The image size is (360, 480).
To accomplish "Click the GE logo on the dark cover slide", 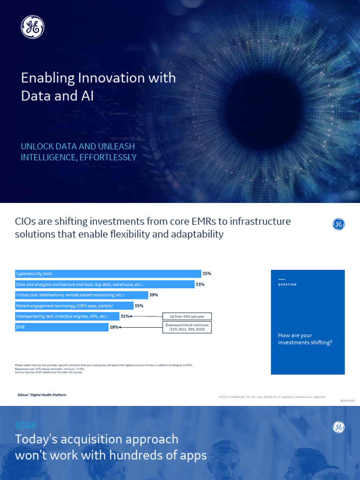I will pos(32,27).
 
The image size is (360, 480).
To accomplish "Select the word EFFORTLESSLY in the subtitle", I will pos(109,157).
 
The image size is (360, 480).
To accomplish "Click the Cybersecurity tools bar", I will pos(108,274).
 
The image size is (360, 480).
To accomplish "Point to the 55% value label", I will pos(207,273).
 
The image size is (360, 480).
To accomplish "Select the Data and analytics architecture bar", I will pos(105,285).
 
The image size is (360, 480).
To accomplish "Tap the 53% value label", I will pos(200,285).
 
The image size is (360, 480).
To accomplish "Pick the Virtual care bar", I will pos(82,295).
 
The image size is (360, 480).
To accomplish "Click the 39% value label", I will pos(154,295).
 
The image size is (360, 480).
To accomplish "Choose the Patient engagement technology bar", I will pos(74,306).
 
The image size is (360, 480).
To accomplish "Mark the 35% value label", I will pos(139,306).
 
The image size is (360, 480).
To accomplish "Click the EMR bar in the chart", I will pos(62,327).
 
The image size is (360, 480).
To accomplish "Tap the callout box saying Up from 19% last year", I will pos(187,317).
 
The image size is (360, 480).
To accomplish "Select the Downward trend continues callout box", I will pos(187,327).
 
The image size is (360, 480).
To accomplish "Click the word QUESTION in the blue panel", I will pos(287,285).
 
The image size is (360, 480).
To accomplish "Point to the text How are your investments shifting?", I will pos(305,339).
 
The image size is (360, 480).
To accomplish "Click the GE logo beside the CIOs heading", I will pos(338,225).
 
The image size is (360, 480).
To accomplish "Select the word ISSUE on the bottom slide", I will pos(26,426).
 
